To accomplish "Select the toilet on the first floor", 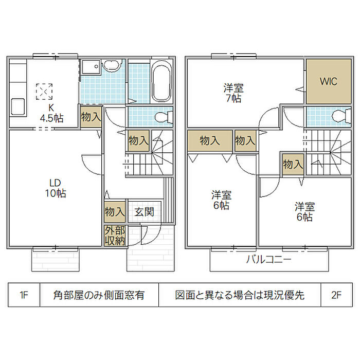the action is (x=164, y=117).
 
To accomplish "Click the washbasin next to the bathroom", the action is (x=111, y=66).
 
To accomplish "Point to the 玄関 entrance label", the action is (x=145, y=211).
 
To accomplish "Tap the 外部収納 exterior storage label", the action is (x=115, y=235).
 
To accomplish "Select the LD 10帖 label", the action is (x=56, y=188).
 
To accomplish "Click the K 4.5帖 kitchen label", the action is (x=51, y=113).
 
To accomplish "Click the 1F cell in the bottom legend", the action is (x=24, y=295).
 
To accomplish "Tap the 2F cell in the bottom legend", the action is (x=336, y=295).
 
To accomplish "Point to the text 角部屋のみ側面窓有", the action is (x=99, y=295).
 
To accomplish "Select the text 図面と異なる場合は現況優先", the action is (x=240, y=295).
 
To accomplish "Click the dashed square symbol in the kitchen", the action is (x=44, y=91).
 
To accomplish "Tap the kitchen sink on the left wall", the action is (x=16, y=107).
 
